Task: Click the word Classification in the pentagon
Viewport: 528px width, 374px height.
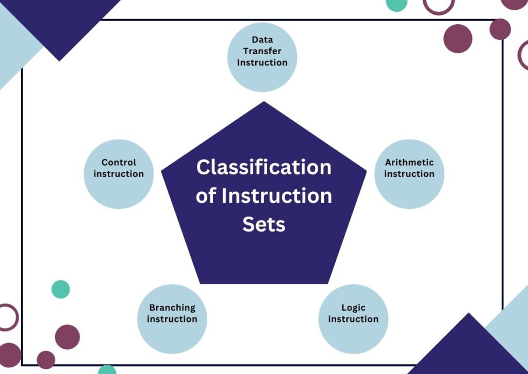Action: click(263, 168)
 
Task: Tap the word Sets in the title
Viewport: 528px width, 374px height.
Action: click(263, 225)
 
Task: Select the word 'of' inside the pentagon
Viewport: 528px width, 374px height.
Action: click(206, 197)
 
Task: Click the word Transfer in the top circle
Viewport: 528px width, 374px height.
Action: click(262, 51)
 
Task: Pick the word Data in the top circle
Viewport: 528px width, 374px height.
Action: click(262, 40)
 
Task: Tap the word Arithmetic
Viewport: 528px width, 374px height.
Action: click(409, 162)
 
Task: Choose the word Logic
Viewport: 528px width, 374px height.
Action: click(353, 308)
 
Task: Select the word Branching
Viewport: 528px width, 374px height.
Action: click(172, 308)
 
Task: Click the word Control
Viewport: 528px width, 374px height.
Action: click(119, 162)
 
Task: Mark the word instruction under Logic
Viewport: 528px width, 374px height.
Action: click(353, 319)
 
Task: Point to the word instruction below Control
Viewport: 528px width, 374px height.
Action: click(119, 174)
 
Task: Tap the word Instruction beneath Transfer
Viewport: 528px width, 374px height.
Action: click(262, 62)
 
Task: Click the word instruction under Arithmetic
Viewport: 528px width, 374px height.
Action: click(409, 174)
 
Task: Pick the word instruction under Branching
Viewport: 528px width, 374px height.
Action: click(172, 319)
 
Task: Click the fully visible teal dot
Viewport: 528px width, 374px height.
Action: click(61, 289)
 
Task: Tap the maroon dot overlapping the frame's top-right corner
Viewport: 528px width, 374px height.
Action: click(500, 29)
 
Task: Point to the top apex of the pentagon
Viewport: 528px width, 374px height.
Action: click(264, 102)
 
